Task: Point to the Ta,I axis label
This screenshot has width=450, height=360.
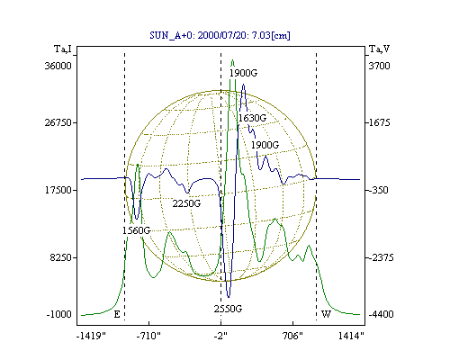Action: [x=63, y=49]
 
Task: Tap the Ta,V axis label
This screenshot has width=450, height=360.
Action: [x=380, y=49]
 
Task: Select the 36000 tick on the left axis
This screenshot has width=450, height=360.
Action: [x=58, y=66]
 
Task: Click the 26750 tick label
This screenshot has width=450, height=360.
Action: [x=58, y=122]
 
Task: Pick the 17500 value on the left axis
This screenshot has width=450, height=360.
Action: [x=58, y=190]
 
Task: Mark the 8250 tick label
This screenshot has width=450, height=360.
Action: [x=61, y=257]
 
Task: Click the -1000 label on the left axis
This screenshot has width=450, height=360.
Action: [x=59, y=314]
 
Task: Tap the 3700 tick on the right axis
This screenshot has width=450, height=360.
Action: [x=379, y=66]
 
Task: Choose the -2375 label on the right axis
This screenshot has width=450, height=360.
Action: [x=381, y=257]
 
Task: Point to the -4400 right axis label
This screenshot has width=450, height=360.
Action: [x=381, y=314]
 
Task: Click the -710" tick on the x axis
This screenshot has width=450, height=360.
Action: [x=148, y=336]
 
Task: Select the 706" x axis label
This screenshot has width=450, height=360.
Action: [x=292, y=336]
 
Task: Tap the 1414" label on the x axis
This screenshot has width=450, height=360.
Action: [x=351, y=336]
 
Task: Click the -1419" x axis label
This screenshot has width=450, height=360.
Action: [x=91, y=336]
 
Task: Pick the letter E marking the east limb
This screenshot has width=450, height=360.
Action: [x=117, y=314]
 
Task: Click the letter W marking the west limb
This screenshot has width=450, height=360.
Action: [x=326, y=314]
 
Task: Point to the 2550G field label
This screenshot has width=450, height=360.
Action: [x=228, y=309]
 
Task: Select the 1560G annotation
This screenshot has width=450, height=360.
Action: [x=136, y=230]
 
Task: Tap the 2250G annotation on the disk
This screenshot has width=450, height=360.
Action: [x=186, y=203]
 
